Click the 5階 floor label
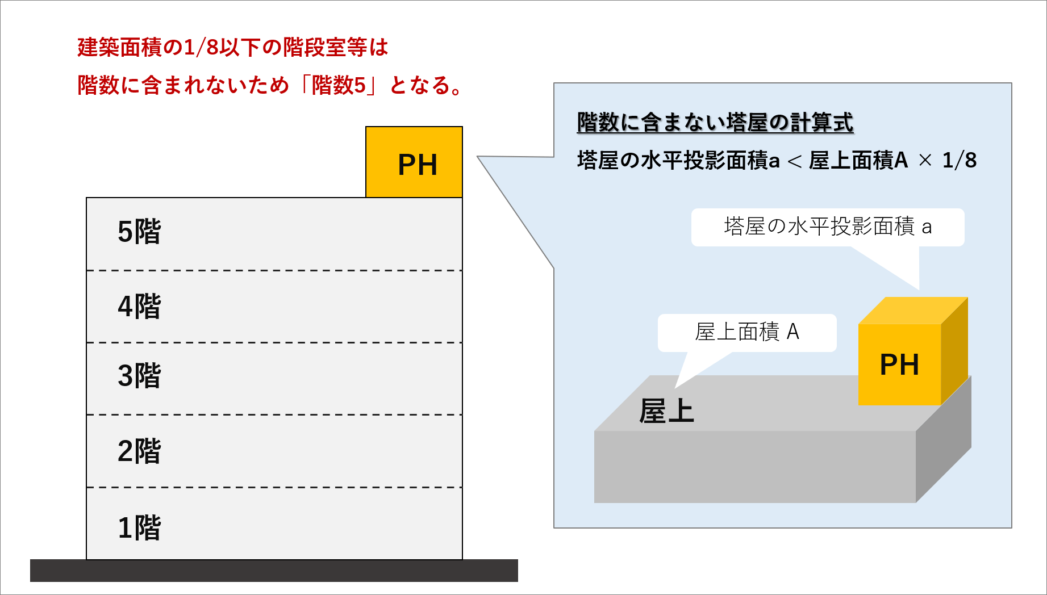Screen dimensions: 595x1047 pyautogui.click(x=139, y=232)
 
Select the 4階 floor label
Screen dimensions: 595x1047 pyautogui.click(x=139, y=307)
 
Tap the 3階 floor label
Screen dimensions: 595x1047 pyautogui.click(x=139, y=376)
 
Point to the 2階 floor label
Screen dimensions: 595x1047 pyautogui.click(x=139, y=451)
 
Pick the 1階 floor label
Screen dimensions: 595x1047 pyautogui.click(x=139, y=527)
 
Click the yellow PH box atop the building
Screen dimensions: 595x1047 pyautogui.click(x=414, y=163)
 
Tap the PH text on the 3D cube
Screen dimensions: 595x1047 pyautogui.click(x=899, y=365)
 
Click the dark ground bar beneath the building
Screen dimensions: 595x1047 pyautogui.click(x=274, y=571)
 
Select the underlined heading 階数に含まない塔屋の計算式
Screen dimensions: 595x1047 pyautogui.click(x=715, y=123)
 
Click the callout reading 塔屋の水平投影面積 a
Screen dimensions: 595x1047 pyautogui.click(x=827, y=227)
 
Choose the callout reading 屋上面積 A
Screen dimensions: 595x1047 pyautogui.click(x=746, y=332)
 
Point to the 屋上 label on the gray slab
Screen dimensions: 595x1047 pyautogui.click(x=666, y=411)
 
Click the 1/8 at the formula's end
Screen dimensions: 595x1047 pyautogui.click(x=959, y=161)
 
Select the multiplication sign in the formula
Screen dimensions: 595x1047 pyautogui.click(x=925, y=161)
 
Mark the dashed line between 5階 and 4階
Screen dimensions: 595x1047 pyautogui.click(x=274, y=271)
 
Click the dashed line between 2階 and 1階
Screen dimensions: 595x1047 pyautogui.click(x=274, y=487)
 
